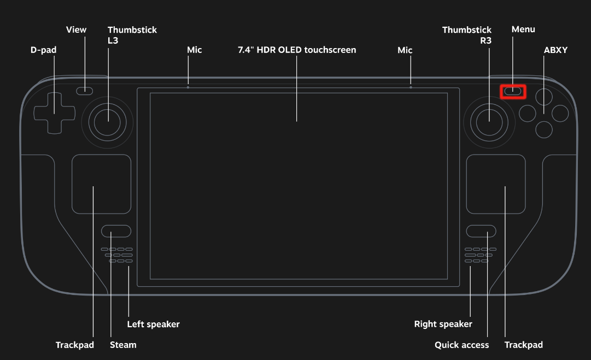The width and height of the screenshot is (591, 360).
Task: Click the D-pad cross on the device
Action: pyautogui.click(x=54, y=113)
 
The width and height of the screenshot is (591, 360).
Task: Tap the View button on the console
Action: pyautogui.click(x=84, y=91)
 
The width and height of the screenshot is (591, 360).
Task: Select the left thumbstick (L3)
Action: pyautogui.click(x=107, y=122)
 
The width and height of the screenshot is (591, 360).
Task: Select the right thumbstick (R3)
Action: pyautogui.click(x=489, y=122)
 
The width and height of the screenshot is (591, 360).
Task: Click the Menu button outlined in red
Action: pyautogui.click(x=513, y=92)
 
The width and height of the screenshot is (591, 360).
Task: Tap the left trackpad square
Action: pyautogui.click(x=101, y=184)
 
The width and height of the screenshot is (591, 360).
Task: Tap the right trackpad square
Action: pyautogui.click(x=496, y=184)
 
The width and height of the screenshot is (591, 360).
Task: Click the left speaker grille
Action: pyautogui.click(x=117, y=255)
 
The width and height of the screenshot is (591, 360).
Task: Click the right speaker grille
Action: pyautogui.click(x=480, y=255)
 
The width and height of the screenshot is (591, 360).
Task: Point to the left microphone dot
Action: pyautogui.click(x=188, y=87)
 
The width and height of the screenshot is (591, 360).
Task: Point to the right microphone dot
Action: pyautogui.click(x=411, y=87)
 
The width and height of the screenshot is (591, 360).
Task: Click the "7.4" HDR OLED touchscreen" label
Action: pyautogui.click(x=297, y=50)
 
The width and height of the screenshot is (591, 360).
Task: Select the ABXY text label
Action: pyautogui.click(x=555, y=50)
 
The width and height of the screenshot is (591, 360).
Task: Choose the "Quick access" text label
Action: pyautogui.click(x=462, y=345)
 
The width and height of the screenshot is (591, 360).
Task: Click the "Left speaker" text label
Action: pyautogui.click(x=154, y=324)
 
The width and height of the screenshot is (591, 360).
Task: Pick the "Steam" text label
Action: pyautogui.click(x=123, y=345)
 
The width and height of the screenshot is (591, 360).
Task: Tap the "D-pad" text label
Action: pyautogui.click(x=43, y=50)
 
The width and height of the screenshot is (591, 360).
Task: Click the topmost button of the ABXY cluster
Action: pyautogui.click(x=544, y=97)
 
